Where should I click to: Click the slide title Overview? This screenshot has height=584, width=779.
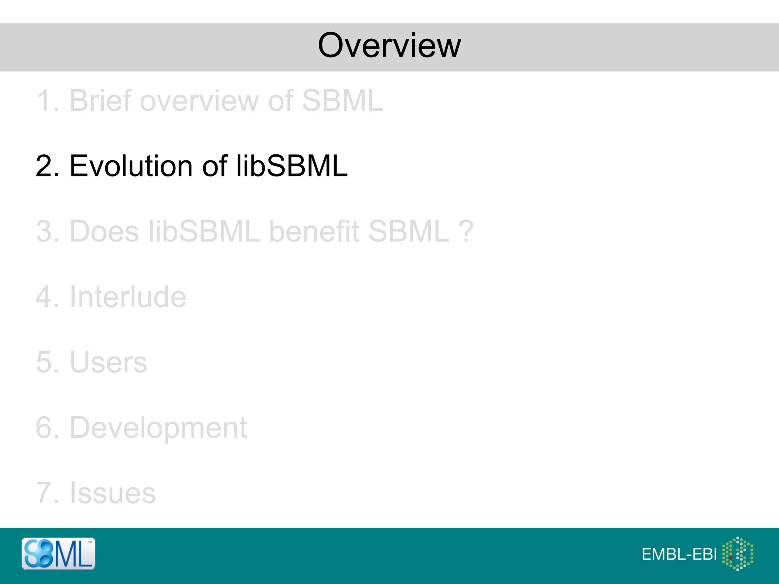(x=389, y=46)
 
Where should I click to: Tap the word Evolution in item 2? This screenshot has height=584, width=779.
(x=131, y=166)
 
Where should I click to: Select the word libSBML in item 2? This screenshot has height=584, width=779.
(x=292, y=166)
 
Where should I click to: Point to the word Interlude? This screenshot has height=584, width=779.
(x=128, y=297)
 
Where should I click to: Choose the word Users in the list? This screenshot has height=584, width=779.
(x=108, y=362)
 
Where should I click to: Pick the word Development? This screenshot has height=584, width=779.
(x=158, y=428)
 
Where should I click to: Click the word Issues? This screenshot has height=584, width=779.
(x=113, y=493)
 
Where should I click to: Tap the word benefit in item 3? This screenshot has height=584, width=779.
(x=314, y=231)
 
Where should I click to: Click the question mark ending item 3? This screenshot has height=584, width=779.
(x=466, y=231)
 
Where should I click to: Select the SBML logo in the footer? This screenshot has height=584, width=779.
(x=58, y=554)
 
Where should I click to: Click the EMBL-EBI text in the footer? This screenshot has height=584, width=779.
(x=679, y=554)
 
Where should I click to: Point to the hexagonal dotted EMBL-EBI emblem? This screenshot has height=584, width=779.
(x=738, y=554)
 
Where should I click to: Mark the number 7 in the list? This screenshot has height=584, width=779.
(x=44, y=493)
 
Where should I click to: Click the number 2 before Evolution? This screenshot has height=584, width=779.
(x=44, y=166)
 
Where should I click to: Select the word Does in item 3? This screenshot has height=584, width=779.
(x=104, y=231)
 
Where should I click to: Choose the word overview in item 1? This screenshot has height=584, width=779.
(x=199, y=101)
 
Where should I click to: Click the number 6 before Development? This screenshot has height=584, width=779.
(x=44, y=428)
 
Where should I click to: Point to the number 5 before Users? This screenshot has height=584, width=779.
(x=44, y=362)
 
